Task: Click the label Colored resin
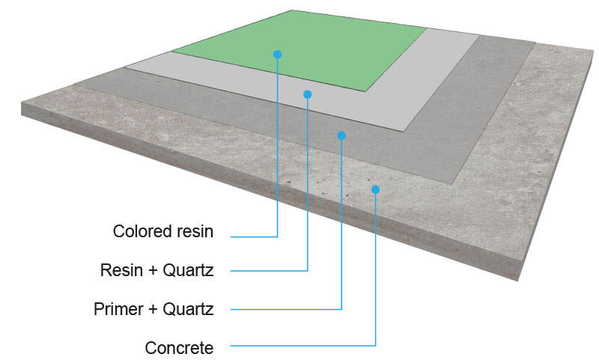pos(163,231)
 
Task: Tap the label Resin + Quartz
pos(157,270)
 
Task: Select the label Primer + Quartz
pos(153,308)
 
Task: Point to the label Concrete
pos(179,348)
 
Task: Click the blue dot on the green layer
pos(277,54)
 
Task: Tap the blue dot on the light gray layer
pos(308,94)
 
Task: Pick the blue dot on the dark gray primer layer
pos(341,135)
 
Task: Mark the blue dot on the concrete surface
pos(375,189)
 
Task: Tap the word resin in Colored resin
pos(194,231)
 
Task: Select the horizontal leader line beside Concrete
pos(299,346)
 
